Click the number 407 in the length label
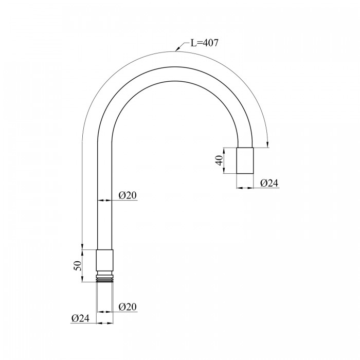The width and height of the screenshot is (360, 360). coord(210,43)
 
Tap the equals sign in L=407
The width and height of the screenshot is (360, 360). coord(200,43)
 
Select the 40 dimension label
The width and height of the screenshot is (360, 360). coord(220,160)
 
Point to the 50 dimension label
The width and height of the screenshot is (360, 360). coord(78,266)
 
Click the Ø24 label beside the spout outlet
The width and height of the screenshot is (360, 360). coord(269,183)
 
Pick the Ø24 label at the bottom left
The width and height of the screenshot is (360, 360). coord(80,318)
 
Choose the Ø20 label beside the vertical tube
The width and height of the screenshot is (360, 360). coord(128,195)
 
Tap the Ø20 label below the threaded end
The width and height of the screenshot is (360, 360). coord(128,307)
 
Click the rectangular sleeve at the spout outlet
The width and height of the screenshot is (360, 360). coord(245,160)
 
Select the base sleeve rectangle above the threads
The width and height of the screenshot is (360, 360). coord(104,260)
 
